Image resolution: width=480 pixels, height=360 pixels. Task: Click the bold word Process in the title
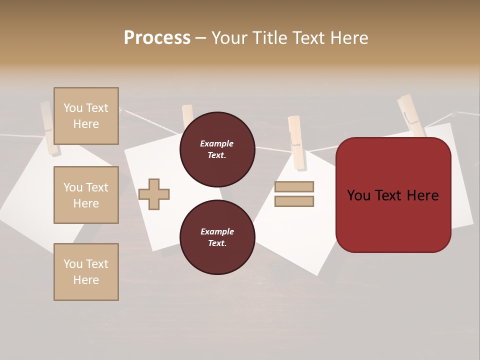click(x=157, y=38)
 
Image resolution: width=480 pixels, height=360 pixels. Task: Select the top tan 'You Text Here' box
click(x=86, y=116)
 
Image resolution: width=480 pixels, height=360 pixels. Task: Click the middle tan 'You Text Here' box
click(x=86, y=195)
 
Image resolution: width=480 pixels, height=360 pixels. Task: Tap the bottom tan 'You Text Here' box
click(x=86, y=272)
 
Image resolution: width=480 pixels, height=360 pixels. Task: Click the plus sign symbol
click(x=154, y=194)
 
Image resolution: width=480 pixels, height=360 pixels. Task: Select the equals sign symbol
click(x=294, y=194)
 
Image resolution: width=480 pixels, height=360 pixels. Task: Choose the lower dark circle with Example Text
click(x=217, y=237)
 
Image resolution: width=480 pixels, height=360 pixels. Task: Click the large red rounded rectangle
click(x=393, y=195)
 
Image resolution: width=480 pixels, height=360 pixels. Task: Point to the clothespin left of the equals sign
click(x=296, y=142)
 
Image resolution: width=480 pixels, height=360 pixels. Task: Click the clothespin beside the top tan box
click(x=49, y=128)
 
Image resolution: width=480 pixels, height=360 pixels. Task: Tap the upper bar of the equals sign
click(x=294, y=187)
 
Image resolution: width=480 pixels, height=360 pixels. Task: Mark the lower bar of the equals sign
click(x=294, y=201)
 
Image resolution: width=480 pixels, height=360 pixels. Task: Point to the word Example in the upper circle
click(x=217, y=143)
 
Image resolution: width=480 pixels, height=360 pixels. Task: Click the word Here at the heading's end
click(x=349, y=38)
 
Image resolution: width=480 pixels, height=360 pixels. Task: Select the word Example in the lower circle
click(x=217, y=231)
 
